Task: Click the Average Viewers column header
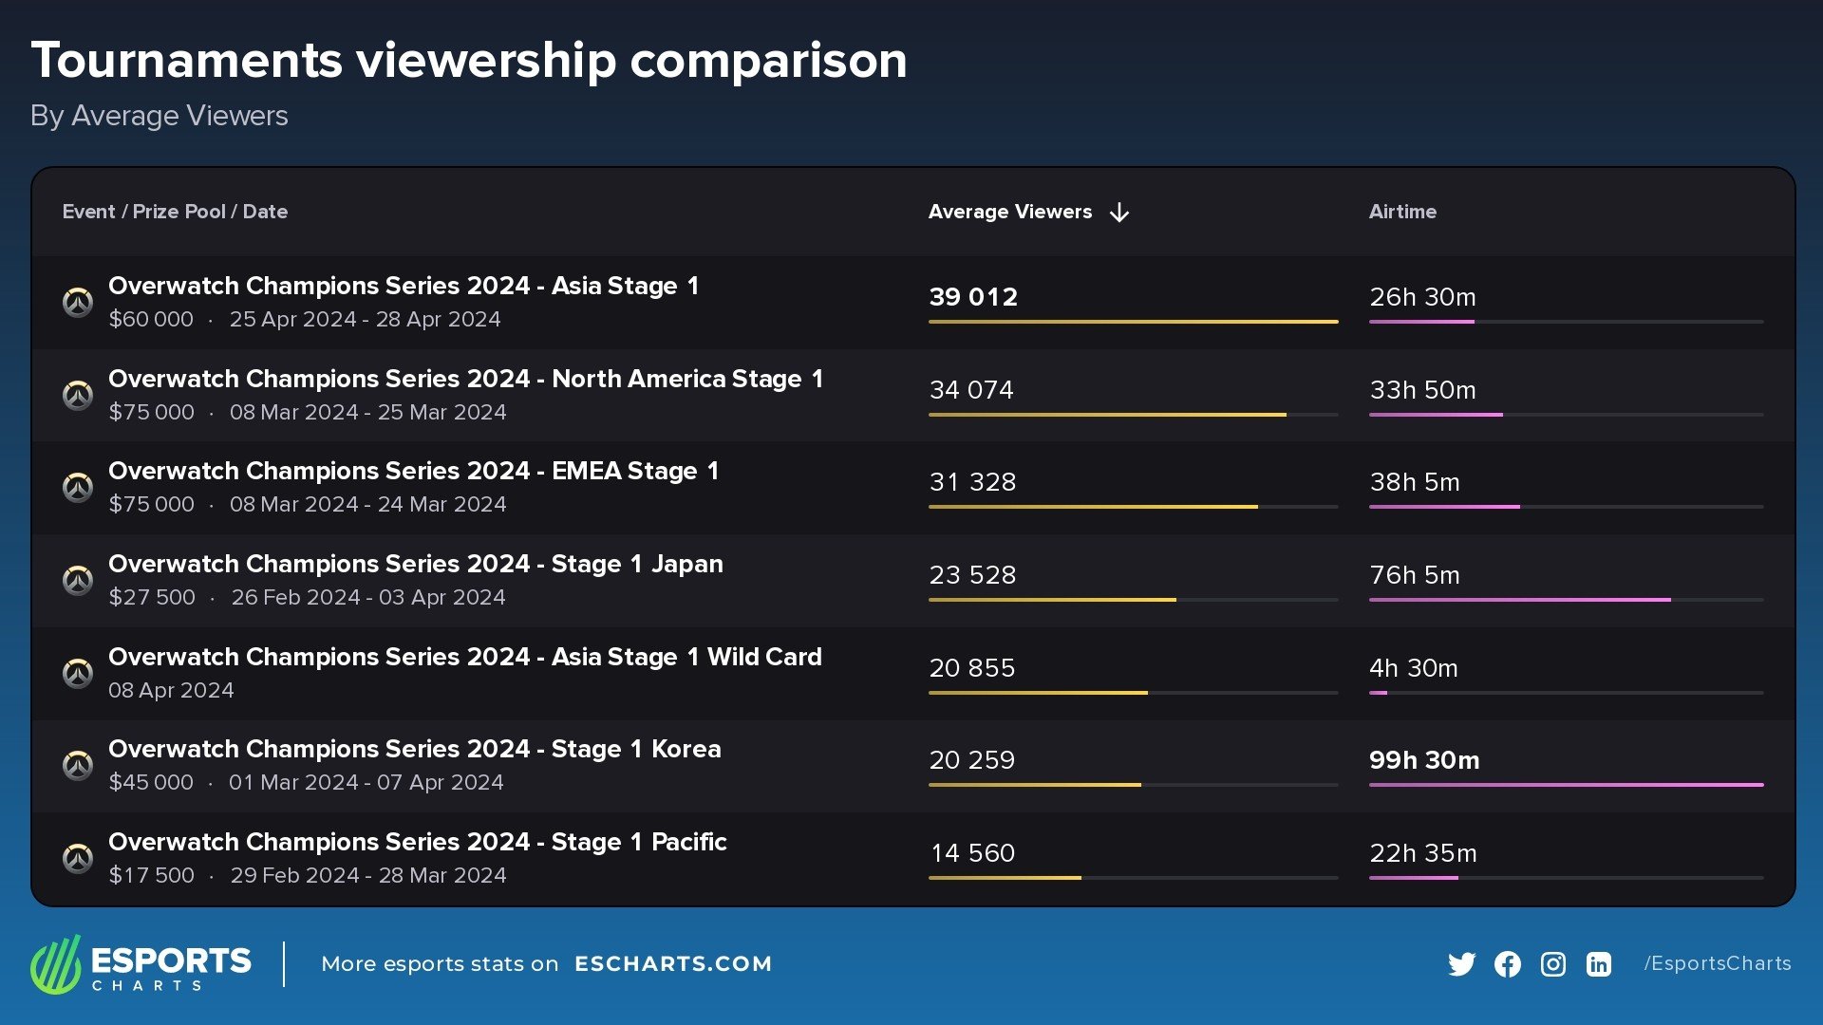point(1009,212)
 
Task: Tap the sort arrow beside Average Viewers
point(1119,213)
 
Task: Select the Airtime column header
point(1402,212)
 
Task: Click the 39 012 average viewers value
point(973,297)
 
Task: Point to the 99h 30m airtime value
point(1424,760)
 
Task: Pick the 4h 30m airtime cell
point(1413,668)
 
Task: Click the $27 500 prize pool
point(152,597)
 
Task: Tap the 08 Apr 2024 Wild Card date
point(171,690)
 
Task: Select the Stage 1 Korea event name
point(415,749)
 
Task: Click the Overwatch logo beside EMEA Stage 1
point(78,487)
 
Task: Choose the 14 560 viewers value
point(972,853)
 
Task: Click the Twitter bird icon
point(1461,964)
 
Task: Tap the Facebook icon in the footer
point(1507,964)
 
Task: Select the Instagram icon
point(1552,964)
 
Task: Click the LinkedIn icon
point(1598,964)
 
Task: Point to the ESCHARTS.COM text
point(673,964)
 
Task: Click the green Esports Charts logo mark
point(56,964)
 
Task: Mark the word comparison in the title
point(768,61)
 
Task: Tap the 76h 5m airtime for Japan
point(1414,575)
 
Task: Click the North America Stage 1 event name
point(465,379)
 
